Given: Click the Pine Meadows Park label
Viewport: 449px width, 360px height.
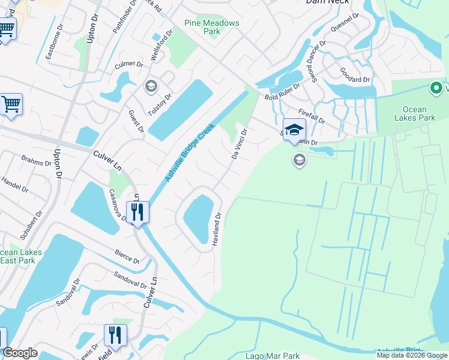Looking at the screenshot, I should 212,27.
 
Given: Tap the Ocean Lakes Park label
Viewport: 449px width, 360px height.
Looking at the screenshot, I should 415,113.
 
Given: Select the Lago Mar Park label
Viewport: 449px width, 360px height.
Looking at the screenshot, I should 273,356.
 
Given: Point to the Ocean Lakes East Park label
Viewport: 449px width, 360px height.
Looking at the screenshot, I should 21,256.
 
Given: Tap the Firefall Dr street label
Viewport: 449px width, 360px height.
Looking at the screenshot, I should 312,116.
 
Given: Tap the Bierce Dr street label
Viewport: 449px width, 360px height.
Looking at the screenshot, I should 126,256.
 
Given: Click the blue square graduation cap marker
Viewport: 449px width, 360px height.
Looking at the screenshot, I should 294,130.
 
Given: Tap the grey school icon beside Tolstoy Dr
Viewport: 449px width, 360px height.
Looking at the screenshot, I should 151,87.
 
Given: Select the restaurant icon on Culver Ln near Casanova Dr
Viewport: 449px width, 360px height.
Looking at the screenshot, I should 138,212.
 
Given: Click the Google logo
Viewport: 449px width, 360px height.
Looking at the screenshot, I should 20,353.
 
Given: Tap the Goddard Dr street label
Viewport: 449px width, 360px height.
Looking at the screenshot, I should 354,79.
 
